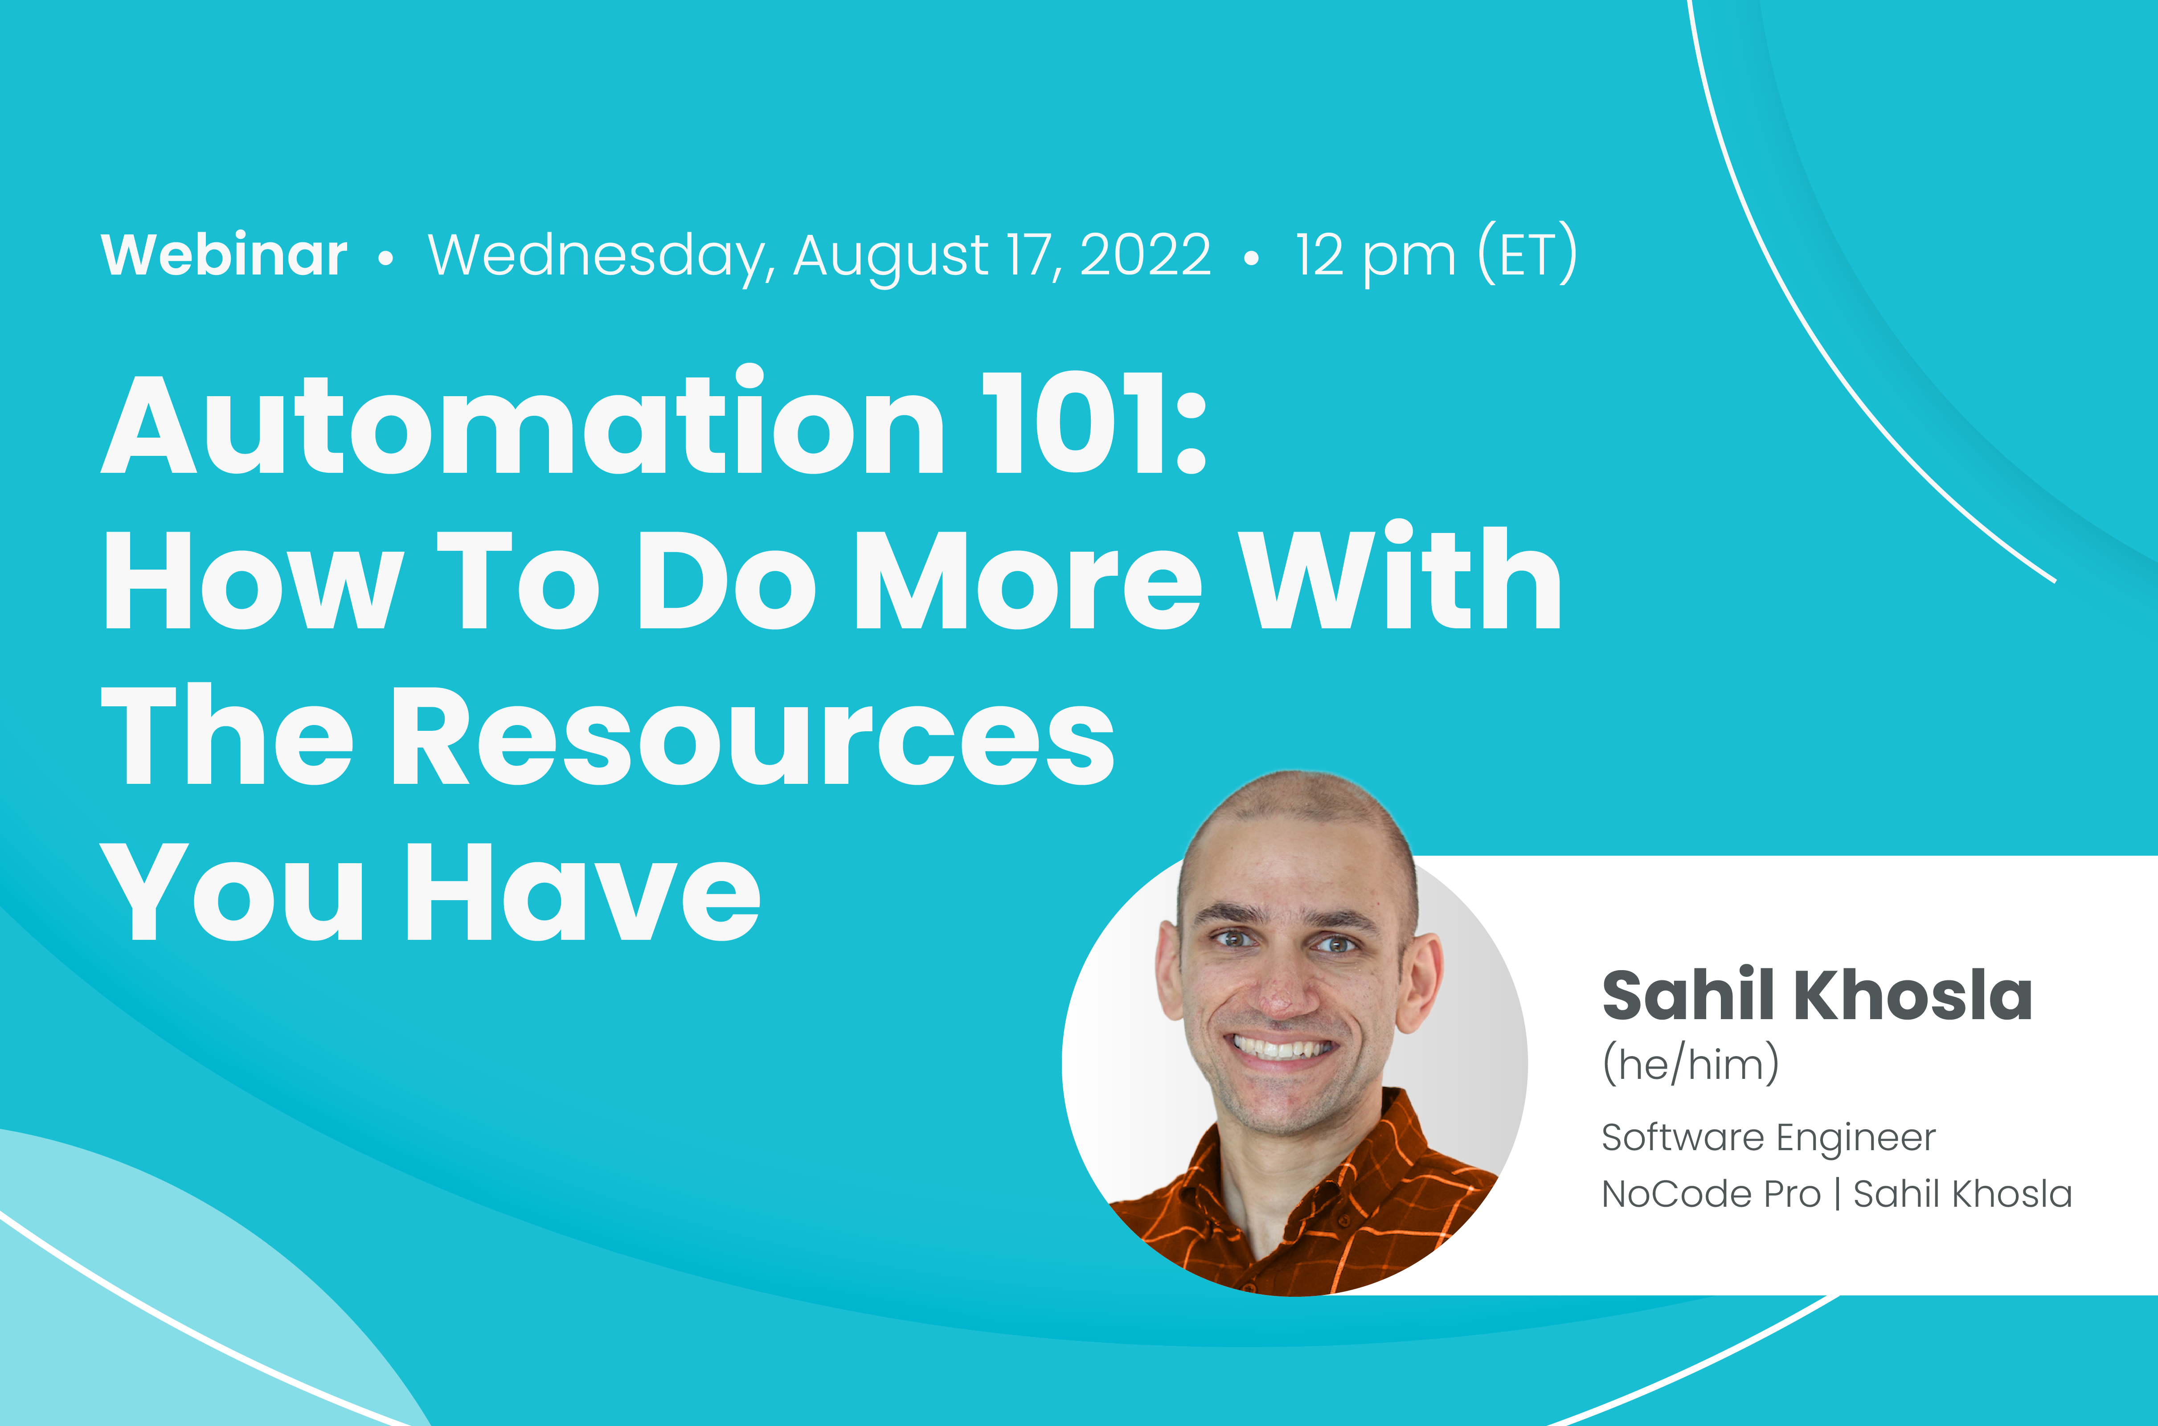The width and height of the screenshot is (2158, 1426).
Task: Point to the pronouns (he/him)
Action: [x=1690, y=1063]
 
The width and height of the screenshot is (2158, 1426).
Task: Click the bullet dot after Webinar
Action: [x=385, y=259]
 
